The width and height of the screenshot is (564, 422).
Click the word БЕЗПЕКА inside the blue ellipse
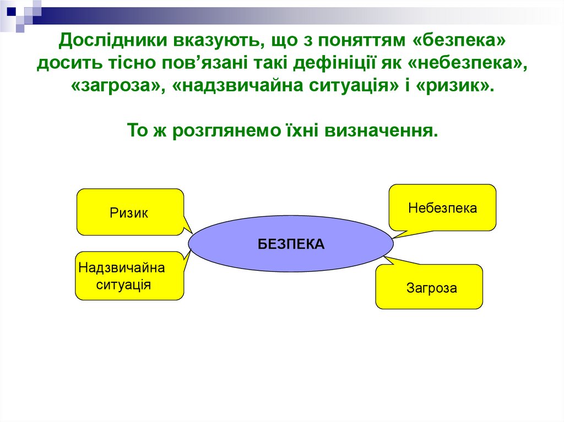pyautogui.click(x=291, y=244)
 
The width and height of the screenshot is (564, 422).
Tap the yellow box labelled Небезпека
pyautogui.click(x=442, y=208)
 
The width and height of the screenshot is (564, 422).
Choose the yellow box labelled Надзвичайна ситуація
pyautogui.click(x=128, y=276)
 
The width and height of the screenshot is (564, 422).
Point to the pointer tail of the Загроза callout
pyautogui.click(x=391, y=261)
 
